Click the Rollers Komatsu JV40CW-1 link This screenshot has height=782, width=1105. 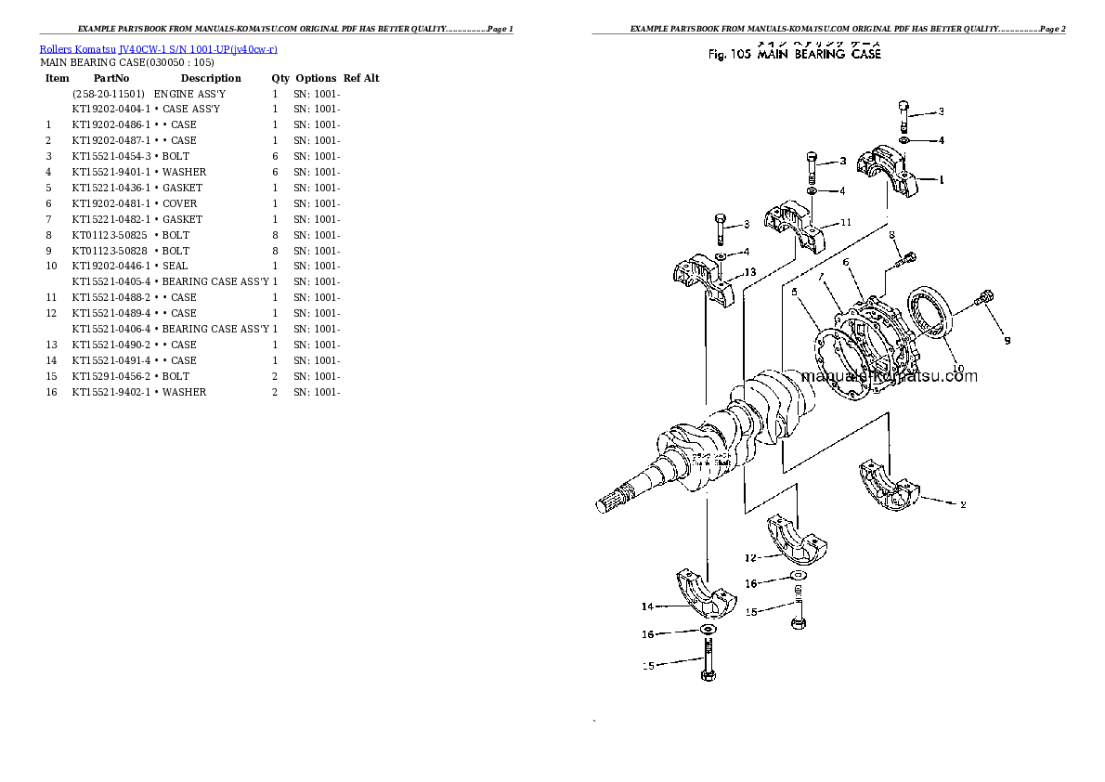pos(158,49)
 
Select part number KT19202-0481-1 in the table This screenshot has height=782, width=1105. pos(110,203)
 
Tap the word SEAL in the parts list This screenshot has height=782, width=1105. pos(175,266)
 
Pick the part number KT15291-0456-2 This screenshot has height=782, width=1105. pos(110,376)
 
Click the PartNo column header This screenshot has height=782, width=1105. pos(110,79)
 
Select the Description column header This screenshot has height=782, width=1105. pos(210,79)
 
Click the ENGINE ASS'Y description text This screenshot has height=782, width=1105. pos(188,94)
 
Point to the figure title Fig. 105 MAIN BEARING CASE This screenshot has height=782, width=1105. pos(794,55)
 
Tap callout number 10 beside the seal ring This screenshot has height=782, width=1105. pos(957,367)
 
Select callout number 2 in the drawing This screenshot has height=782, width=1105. pos(963,505)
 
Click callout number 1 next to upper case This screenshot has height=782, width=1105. pos(941,180)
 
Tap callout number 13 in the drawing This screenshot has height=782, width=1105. pos(750,272)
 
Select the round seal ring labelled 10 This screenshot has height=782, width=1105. pos(929,316)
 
